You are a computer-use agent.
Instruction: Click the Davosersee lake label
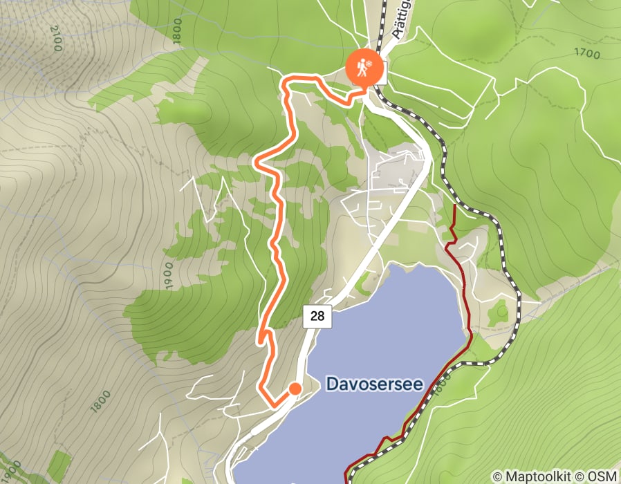373,384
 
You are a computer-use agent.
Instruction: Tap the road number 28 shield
317,317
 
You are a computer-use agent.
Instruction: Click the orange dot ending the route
295,389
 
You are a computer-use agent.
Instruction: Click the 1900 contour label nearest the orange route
169,277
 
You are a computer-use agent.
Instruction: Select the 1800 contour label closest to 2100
178,32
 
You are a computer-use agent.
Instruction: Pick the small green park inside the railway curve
498,315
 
